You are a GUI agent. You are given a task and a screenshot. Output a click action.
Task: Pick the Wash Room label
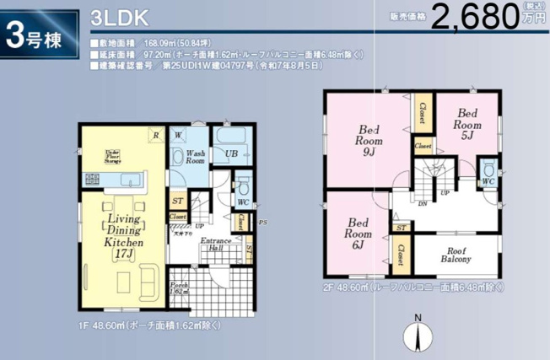click(x=195, y=155)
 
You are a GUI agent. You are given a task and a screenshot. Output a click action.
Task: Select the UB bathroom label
click(x=230, y=153)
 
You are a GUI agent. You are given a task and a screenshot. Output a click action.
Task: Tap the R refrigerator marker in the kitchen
click(x=155, y=134)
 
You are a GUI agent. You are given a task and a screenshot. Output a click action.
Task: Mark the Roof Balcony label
click(x=456, y=255)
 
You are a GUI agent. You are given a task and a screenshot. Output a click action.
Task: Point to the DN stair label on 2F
click(x=422, y=203)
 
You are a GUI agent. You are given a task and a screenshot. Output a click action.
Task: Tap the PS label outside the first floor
click(x=262, y=223)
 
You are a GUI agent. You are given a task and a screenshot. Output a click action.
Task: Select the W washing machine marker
click(x=179, y=135)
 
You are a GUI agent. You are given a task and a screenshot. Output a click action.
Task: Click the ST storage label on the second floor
click(x=401, y=228)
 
